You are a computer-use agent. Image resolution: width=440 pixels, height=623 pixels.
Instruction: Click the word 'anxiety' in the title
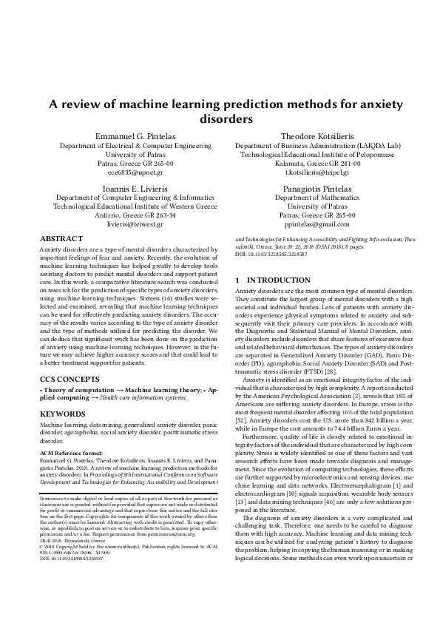tap(389, 104)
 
